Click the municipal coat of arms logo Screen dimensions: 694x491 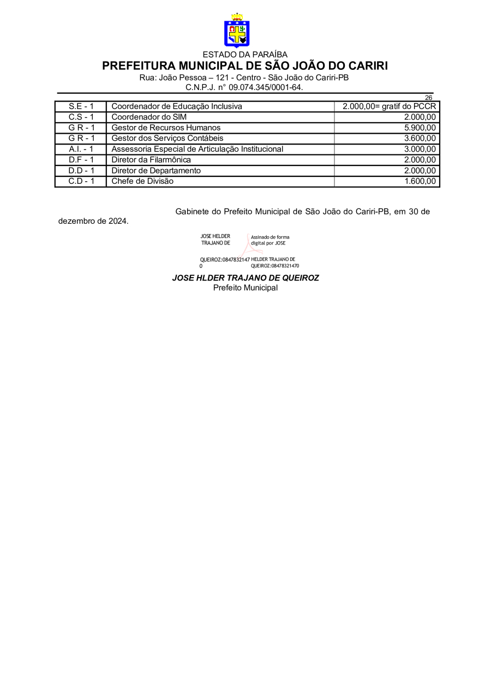coord(237,32)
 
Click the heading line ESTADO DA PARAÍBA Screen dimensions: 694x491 coord(245,55)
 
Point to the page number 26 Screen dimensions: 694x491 coord(428,98)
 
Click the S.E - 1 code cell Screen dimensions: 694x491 coord(81,106)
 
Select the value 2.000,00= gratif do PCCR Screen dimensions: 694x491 coord(389,106)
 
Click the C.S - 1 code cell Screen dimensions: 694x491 coord(81,117)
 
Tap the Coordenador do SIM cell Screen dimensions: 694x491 coord(149,117)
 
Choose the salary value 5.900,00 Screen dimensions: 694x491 coord(420,128)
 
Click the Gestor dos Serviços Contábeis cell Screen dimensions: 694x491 coord(167,138)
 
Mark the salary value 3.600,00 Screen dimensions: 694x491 coord(420,138)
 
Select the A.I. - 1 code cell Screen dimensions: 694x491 coord(81,149)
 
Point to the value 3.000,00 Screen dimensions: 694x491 coord(420,149)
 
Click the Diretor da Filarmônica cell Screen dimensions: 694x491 coord(151,160)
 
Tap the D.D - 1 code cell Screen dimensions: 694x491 coord(81,170)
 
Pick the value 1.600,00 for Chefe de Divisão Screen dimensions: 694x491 coord(420,181)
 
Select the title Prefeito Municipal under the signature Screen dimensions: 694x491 coord(245,288)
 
